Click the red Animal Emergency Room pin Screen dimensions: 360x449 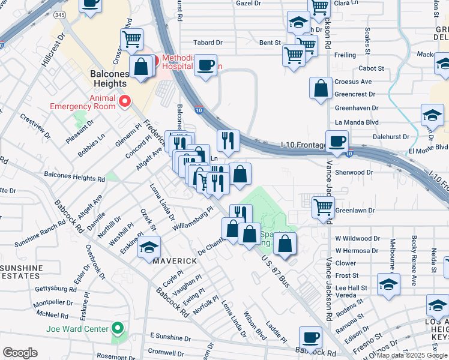click(x=125, y=101)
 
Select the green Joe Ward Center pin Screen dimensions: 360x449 click(x=118, y=329)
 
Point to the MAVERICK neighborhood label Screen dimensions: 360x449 click(x=174, y=262)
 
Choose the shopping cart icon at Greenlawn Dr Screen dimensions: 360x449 click(x=324, y=207)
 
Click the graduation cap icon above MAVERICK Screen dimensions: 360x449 click(x=149, y=248)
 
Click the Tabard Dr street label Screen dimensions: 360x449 click(x=208, y=43)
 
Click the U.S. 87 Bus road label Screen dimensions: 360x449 click(x=276, y=271)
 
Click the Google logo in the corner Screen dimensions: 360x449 click(x=20, y=353)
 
